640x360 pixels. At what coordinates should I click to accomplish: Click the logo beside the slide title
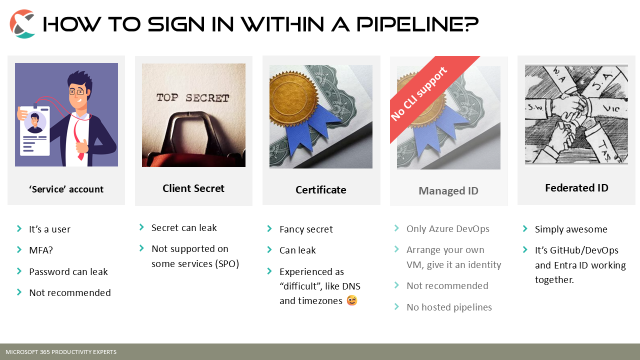pos(22,23)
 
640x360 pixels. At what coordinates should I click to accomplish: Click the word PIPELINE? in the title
pos(417,24)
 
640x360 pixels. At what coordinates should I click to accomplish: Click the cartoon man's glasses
pos(76,92)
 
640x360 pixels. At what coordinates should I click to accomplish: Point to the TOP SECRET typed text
pos(193,97)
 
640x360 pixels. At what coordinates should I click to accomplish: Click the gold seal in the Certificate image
pos(294,99)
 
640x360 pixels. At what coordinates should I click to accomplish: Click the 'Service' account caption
pos(66,189)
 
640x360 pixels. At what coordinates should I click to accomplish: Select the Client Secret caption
pos(193,188)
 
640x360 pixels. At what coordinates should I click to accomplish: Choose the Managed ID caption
pos(448,191)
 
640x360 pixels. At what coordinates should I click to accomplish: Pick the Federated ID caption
pos(576,188)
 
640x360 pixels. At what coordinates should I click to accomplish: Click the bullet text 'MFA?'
pos(41,250)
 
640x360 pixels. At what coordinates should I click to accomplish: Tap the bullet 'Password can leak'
pos(68,271)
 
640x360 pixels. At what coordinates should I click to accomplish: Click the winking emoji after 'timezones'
pos(352,300)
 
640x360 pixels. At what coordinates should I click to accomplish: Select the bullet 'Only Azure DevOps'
pos(447,229)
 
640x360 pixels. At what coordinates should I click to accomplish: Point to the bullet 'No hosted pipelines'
pos(449,307)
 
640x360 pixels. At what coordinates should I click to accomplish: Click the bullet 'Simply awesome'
pos(571,229)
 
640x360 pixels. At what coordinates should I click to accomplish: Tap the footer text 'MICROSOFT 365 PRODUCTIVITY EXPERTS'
pos(61,352)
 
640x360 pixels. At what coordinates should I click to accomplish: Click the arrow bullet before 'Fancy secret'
pos(269,228)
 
